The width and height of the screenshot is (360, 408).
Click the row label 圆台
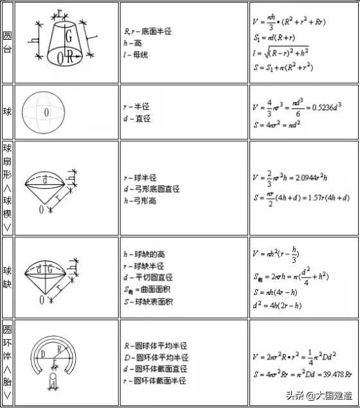[8, 41]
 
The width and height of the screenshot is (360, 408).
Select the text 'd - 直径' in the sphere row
[137, 119]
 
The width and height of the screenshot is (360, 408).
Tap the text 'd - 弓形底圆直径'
[152, 190]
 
